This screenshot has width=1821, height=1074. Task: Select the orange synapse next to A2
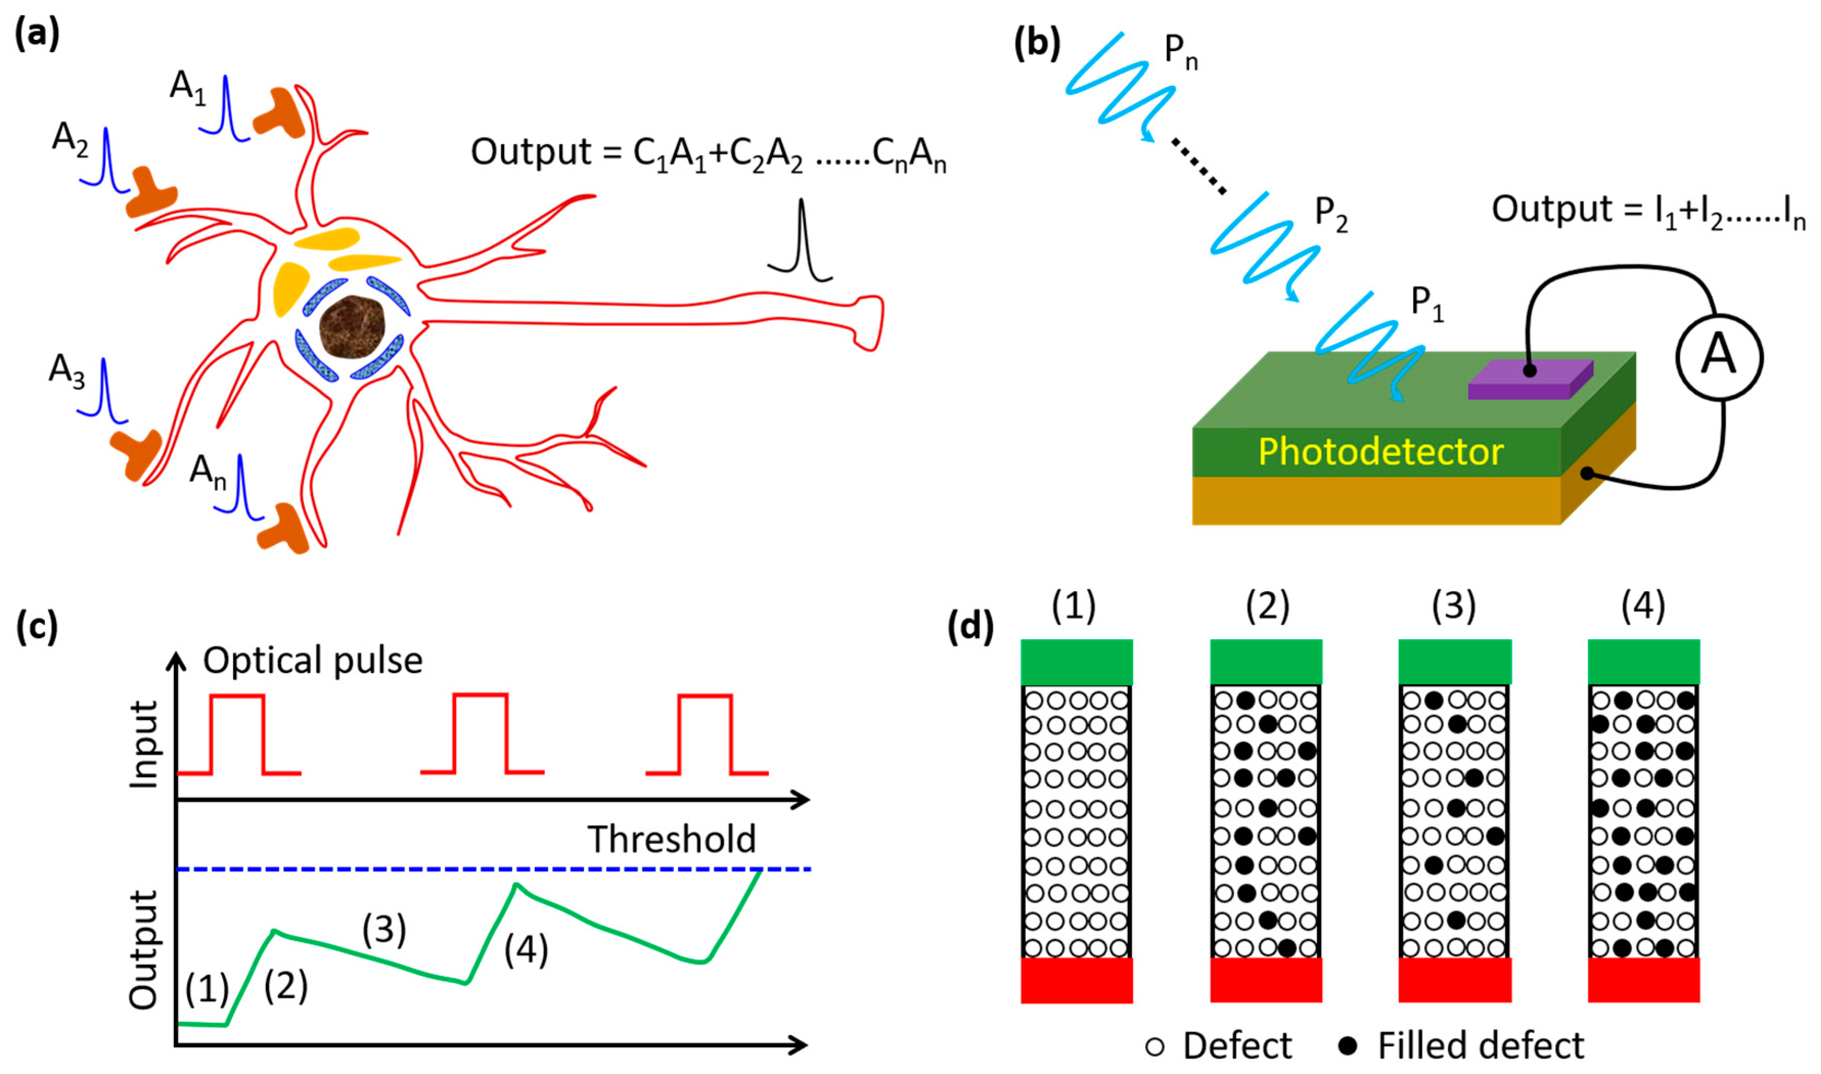151,193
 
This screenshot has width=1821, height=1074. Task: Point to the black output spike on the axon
801,243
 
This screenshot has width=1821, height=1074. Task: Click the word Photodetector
1380,452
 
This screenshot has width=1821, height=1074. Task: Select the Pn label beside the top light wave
1180,52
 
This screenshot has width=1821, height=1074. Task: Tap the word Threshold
671,839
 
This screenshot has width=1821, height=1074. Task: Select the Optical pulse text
313,660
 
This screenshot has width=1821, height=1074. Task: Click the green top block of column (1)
1076,662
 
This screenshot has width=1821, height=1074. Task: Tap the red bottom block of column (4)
1643,980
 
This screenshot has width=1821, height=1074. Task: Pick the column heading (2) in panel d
1267,606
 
